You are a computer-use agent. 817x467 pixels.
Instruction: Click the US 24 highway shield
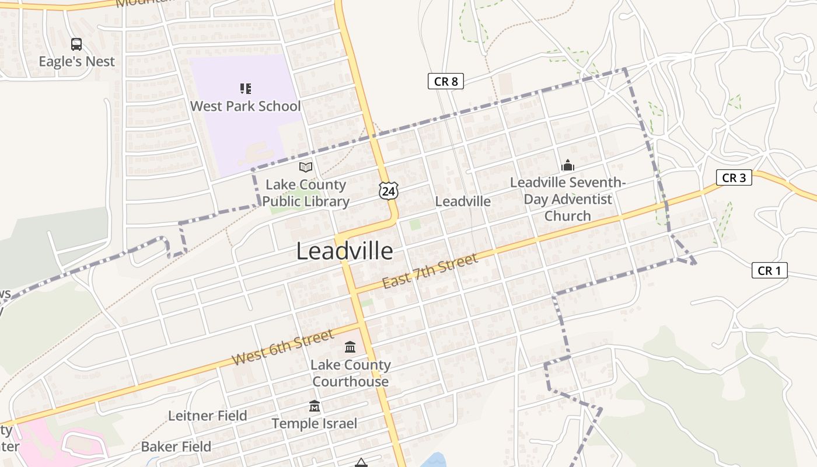tap(388, 190)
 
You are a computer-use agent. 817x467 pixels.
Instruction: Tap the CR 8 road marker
tap(446, 81)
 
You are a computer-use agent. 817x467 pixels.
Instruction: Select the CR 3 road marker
tap(734, 177)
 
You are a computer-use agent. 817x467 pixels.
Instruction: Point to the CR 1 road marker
tap(769, 270)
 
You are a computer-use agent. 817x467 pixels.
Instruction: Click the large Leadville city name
tap(344, 251)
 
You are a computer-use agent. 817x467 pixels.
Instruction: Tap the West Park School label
tap(246, 106)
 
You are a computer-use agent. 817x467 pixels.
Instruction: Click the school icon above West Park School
tap(246, 89)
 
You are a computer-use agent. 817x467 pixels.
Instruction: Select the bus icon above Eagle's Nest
tap(76, 44)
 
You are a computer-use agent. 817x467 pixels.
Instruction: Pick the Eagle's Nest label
tap(76, 61)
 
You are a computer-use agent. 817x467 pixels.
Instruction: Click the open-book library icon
tap(306, 168)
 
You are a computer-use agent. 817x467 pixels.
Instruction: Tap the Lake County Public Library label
tap(306, 193)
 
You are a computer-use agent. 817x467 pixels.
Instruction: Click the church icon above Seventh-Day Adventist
tap(567, 166)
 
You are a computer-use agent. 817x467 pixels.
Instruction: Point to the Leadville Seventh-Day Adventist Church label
tap(568, 199)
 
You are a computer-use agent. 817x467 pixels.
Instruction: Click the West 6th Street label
tap(283, 347)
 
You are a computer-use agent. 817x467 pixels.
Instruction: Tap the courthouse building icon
tap(350, 347)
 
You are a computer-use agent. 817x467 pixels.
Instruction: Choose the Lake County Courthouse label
tap(350, 373)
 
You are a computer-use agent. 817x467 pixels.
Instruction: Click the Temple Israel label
tap(315, 423)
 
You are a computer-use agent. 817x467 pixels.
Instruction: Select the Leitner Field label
tap(208, 416)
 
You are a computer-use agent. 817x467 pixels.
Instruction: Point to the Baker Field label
tap(176, 447)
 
